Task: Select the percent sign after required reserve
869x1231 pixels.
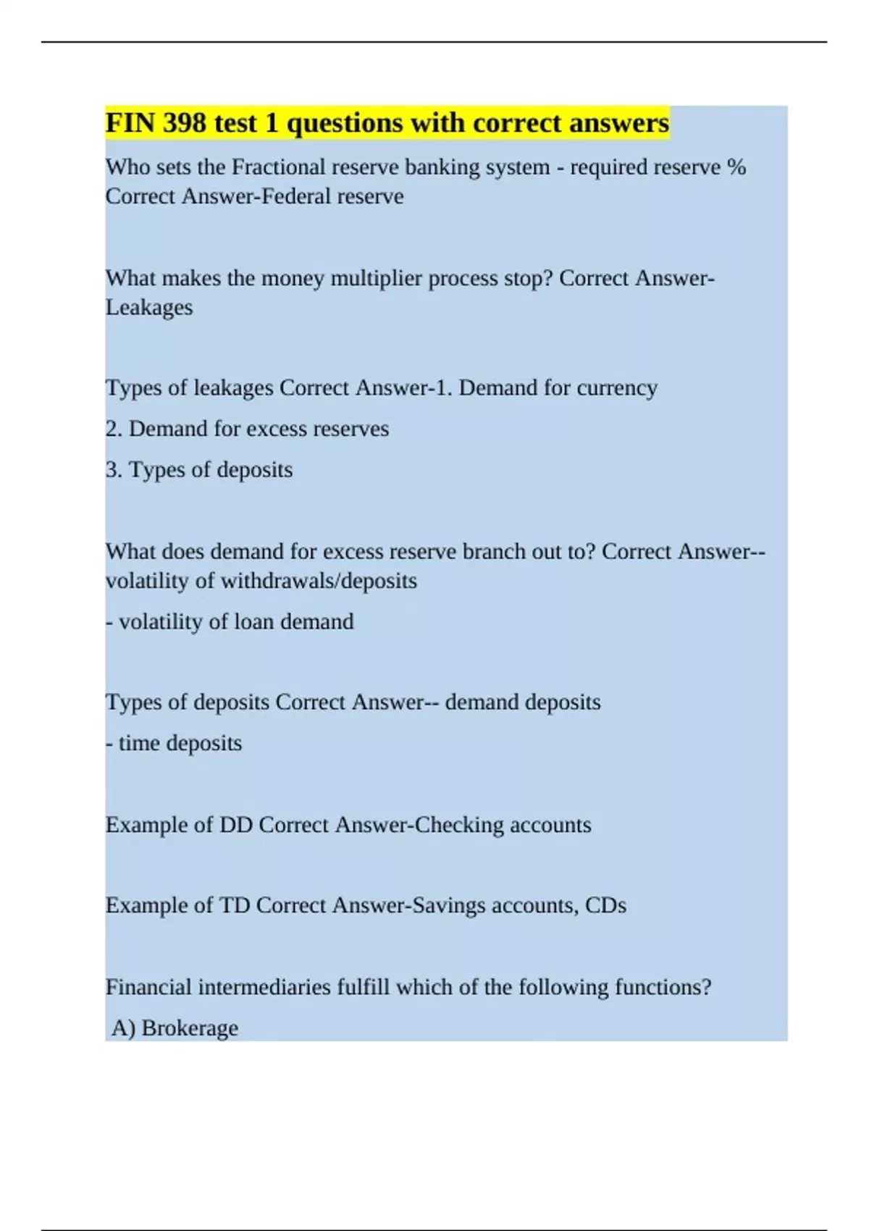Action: (x=736, y=167)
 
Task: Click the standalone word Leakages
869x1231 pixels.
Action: (x=149, y=307)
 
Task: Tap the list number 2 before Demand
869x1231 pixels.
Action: (x=112, y=429)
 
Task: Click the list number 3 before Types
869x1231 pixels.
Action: (x=112, y=470)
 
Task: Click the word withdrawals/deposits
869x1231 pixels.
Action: (x=319, y=581)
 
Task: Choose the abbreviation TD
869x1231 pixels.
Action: (x=235, y=905)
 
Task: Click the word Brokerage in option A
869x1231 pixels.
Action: (x=190, y=1028)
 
